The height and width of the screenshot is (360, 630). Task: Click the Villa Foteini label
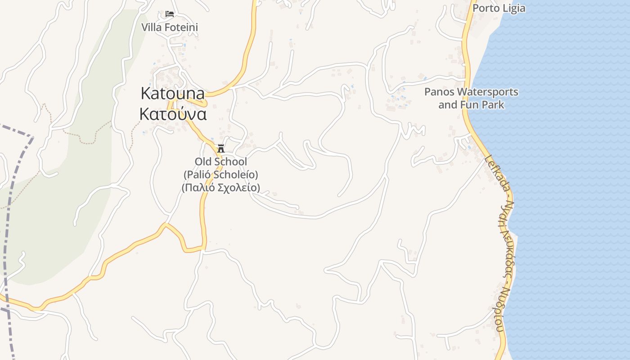[x=170, y=27]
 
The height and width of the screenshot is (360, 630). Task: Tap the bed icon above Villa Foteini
[x=170, y=14]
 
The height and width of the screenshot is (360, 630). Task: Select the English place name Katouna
[x=173, y=94]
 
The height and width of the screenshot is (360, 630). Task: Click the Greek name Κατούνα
[x=173, y=114]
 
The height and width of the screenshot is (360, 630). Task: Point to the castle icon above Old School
[x=221, y=148]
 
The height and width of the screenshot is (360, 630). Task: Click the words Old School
[x=221, y=162]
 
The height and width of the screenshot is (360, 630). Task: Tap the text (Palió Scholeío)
[x=221, y=175]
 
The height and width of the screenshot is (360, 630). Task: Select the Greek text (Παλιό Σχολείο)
[x=221, y=188]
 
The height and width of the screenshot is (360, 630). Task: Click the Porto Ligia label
[x=499, y=9]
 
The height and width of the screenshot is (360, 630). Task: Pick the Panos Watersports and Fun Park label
[x=471, y=99]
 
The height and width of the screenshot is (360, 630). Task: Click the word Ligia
[x=513, y=9]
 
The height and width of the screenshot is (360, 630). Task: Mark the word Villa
[x=151, y=27]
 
